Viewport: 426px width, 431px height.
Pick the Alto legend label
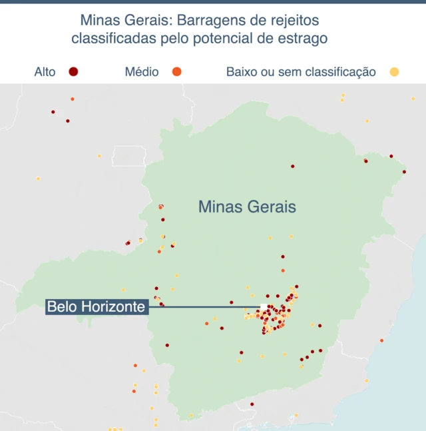45,71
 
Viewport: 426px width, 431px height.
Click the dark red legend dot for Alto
73,71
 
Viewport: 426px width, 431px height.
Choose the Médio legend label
142,71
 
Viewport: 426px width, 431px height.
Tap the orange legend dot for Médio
176,71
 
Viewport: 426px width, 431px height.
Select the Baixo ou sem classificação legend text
301,71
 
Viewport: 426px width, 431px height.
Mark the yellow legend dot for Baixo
394,71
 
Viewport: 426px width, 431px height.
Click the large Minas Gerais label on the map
247,207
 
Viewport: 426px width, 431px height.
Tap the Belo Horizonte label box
97,307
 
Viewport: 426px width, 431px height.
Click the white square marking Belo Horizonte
264,307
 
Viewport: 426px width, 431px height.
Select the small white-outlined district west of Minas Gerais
128,156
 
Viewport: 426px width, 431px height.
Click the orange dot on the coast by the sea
381,340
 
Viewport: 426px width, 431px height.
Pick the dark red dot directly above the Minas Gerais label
292,166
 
